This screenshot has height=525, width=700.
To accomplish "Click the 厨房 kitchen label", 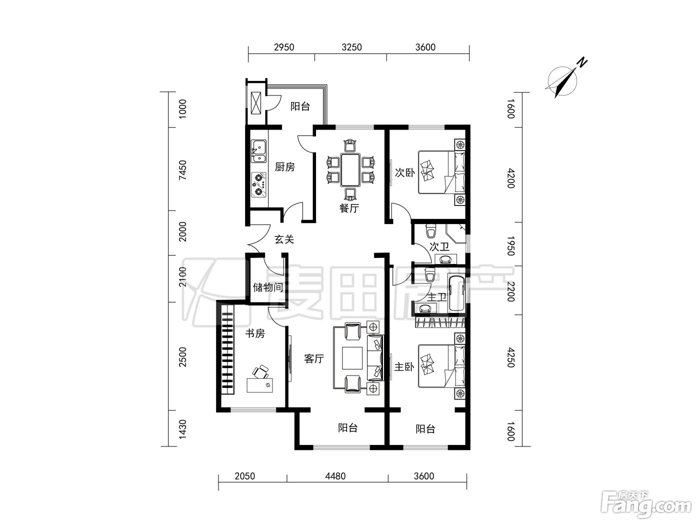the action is pyautogui.click(x=285, y=167).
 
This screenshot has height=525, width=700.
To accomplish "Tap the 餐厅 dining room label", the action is pyautogui.click(x=349, y=208).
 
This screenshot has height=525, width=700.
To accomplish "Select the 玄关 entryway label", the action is pyautogui.click(x=284, y=239).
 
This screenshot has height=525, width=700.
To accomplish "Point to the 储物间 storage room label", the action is pyautogui.click(x=268, y=287).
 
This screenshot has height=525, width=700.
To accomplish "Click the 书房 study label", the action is pyautogui.click(x=255, y=333).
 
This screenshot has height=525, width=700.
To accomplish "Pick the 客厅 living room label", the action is pyautogui.click(x=314, y=359).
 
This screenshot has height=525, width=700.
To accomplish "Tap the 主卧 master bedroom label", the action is pyautogui.click(x=404, y=367).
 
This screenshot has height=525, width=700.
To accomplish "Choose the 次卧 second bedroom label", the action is pyautogui.click(x=404, y=172).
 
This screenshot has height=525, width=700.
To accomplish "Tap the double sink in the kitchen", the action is pyautogui.click(x=258, y=151).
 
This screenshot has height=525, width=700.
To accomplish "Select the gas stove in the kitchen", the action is pyautogui.click(x=258, y=184).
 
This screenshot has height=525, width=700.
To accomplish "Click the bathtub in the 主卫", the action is pyautogui.click(x=456, y=293).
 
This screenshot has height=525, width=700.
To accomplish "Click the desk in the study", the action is pyautogui.click(x=259, y=385).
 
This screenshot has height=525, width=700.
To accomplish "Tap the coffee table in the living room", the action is pyautogui.click(x=352, y=358).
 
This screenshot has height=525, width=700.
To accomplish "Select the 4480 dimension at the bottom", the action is pyautogui.click(x=335, y=476).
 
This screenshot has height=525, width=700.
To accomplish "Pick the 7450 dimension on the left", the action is pyautogui.click(x=182, y=170).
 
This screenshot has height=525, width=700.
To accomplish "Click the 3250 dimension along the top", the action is pyautogui.click(x=351, y=47).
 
